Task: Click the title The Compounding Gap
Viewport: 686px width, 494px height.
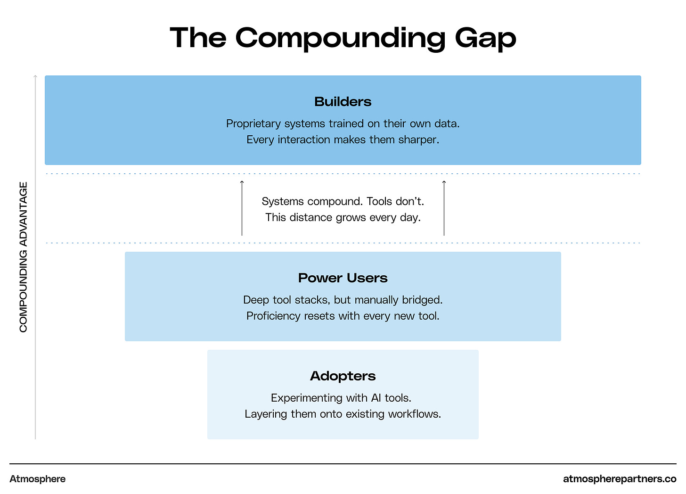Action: point(343,38)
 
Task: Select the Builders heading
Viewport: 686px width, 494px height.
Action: point(343,102)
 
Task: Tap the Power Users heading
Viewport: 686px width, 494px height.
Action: point(343,278)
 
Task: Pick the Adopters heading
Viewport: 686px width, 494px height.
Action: point(343,376)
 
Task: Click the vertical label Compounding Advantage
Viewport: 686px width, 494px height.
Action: point(24,257)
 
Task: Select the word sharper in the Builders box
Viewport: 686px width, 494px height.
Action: point(418,140)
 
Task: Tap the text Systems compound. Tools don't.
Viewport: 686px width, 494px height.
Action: point(343,202)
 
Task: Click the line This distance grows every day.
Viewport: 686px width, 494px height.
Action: point(343,218)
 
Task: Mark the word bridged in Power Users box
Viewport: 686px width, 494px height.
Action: point(422,300)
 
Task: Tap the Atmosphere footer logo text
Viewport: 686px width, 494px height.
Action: point(38,479)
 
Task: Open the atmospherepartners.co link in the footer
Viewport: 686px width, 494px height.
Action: point(620,479)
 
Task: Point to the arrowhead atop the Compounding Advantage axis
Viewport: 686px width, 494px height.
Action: point(35,76)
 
